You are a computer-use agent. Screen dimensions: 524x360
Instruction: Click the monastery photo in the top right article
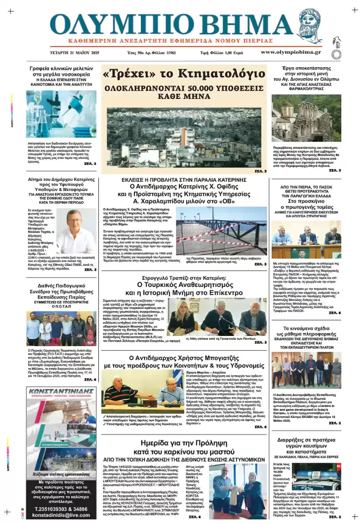307,119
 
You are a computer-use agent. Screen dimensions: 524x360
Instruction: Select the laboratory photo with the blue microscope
61,114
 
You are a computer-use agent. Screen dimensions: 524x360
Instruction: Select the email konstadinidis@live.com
60,515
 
